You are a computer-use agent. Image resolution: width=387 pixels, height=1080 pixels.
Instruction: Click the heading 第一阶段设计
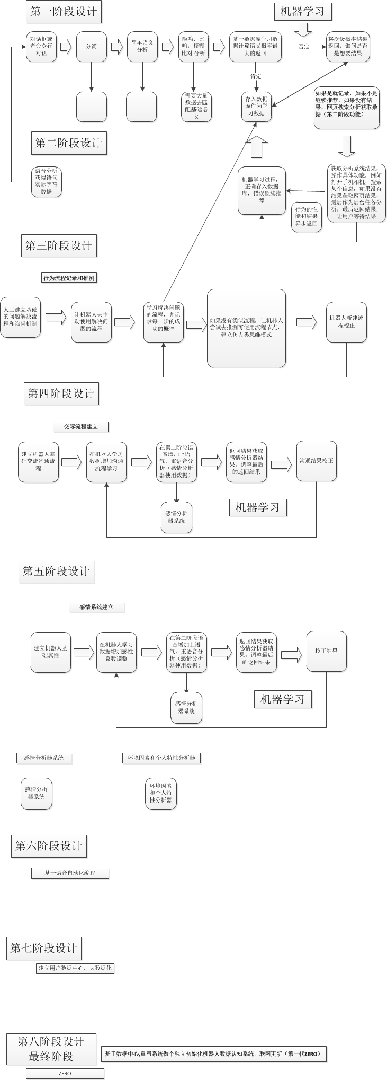[x=64, y=12]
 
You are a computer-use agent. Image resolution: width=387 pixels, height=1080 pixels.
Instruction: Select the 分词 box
[x=92, y=47]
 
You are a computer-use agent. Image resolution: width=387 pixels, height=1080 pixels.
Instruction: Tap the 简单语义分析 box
[x=142, y=47]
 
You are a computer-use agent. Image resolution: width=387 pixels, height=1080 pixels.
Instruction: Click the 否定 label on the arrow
[x=303, y=47]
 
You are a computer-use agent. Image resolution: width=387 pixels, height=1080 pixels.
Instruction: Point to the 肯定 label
[x=256, y=77]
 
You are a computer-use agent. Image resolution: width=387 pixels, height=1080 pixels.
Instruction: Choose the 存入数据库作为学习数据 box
[x=256, y=106]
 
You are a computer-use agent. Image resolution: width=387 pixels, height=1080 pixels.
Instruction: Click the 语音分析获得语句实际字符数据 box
[x=46, y=181]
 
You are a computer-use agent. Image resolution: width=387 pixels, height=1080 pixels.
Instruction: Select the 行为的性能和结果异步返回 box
[x=307, y=216]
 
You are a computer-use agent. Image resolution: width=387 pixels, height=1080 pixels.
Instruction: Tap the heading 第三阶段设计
[x=59, y=245]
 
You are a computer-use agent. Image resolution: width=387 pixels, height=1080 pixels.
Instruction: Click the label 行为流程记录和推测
[x=69, y=278]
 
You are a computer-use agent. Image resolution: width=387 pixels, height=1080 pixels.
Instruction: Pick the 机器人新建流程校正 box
[x=346, y=322]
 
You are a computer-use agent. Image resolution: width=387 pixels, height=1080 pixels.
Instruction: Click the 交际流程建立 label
[x=81, y=426]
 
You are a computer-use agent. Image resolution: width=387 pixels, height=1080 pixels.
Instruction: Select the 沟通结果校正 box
[x=316, y=461]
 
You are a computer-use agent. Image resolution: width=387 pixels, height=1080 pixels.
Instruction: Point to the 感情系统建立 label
[x=96, y=607]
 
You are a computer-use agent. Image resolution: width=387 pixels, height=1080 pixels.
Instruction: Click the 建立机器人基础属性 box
[x=50, y=652]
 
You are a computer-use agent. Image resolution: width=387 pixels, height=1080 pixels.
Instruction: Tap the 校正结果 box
[x=327, y=651]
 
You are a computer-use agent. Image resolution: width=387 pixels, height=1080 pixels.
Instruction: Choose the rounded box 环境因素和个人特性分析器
[x=161, y=793]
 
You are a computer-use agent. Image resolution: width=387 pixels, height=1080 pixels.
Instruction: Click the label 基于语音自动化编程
[x=70, y=873]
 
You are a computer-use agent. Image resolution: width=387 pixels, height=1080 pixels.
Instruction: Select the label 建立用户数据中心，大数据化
[x=75, y=968]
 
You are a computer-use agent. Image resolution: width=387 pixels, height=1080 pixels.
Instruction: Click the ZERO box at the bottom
[x=65, y=1074]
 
